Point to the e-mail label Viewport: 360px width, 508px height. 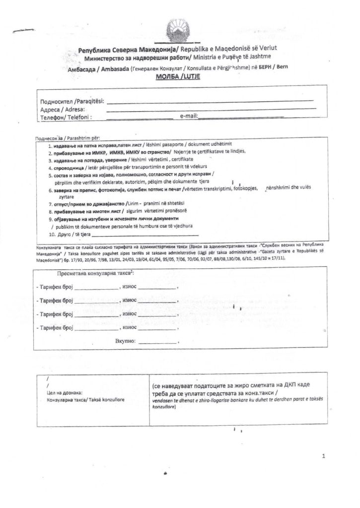[x=189, y=116]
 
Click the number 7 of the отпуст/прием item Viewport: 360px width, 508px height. [x=50, y=204]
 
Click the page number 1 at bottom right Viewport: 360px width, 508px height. [x=323, y=455]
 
